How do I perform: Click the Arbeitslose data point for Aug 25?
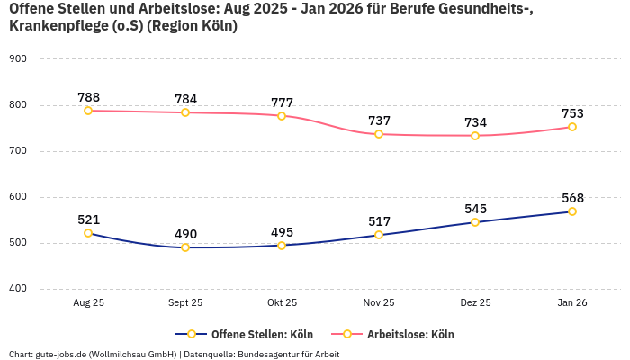coord(88,111)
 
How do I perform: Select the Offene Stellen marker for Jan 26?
coord(572,211)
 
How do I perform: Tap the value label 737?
coord(379,121)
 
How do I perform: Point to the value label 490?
coord(185,234)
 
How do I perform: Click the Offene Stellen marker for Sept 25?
coord(185,247)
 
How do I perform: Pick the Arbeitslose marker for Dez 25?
coord(475,136)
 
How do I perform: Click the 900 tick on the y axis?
coord(18,58)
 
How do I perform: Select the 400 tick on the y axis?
coord(18,289)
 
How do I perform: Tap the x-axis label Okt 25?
coord(282,303)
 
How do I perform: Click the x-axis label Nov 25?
coord(379,303)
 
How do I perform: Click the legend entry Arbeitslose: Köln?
coord(410,335)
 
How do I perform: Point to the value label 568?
coord(572,198)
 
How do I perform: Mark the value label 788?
coord(88,97)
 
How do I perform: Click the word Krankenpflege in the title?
coord(55,26)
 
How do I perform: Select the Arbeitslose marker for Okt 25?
coord(282,116)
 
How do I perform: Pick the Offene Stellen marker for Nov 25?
coord(379,235)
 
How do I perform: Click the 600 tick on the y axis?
coord(18,197)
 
